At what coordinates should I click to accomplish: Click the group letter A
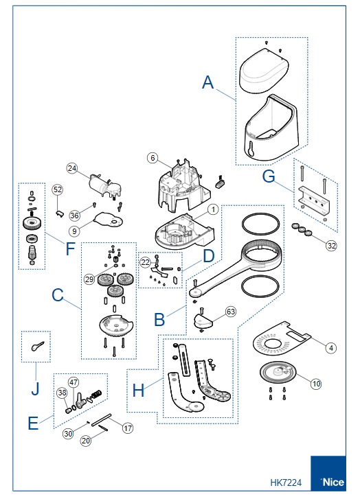pyautogui.click(x=207, y=82)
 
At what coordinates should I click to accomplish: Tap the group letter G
pyautogui.click(x=269, y=176)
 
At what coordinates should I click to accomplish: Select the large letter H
pyautogui.click(x=138, y=390)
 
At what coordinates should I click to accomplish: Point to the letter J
pyautogui.click(x=35, y=388)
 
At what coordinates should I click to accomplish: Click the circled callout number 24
pyautogui.click(x=72, y=168)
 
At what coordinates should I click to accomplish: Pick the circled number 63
pyautogui.click(x=231, y=312)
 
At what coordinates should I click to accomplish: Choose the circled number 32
pyautogui.click(x=331, y=245)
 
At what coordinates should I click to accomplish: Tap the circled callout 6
pyautogui.click(x=153, y=158)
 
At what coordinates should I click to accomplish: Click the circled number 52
pyautogui.click(x=57, y=189)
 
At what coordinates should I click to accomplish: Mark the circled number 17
pyautogui.click(x=127, y=428)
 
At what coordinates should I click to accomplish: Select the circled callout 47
pyautogui.click(x=74, y=382)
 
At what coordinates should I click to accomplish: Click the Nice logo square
pyautogui.click(x=328, y=473)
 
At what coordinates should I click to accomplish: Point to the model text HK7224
pyautogui.click(x=286, y=483)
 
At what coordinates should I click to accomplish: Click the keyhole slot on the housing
pyautogui.click(x=251, y=149)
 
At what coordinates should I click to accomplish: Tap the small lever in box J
pyautogui.click(x=37, y=346)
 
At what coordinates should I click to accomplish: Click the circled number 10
pyautogui.click(x=316, y=384)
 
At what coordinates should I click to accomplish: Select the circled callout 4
pyautogui.click(x=331, y=348)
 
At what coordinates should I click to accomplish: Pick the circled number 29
pyautogui.click(x=89, y=279)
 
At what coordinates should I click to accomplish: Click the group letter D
pyautogui.click(x=209, y=256)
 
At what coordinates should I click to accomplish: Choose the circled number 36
pyautogui.click(x=74, y=216)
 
